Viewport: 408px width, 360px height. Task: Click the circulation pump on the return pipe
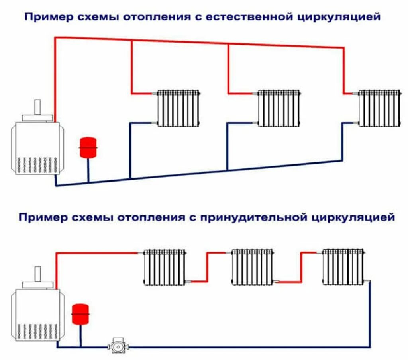point(116,346)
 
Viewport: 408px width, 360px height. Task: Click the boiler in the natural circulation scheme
point(36,147)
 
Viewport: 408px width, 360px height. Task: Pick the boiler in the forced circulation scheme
point(36,315)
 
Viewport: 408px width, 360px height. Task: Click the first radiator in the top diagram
point(178,108)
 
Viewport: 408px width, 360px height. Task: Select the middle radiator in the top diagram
point(279,108)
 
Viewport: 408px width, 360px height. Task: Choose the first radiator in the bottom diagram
point(165,267)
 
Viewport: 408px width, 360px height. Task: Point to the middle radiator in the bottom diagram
point(252,267)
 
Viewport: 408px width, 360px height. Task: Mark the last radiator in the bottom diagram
point(343,267)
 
